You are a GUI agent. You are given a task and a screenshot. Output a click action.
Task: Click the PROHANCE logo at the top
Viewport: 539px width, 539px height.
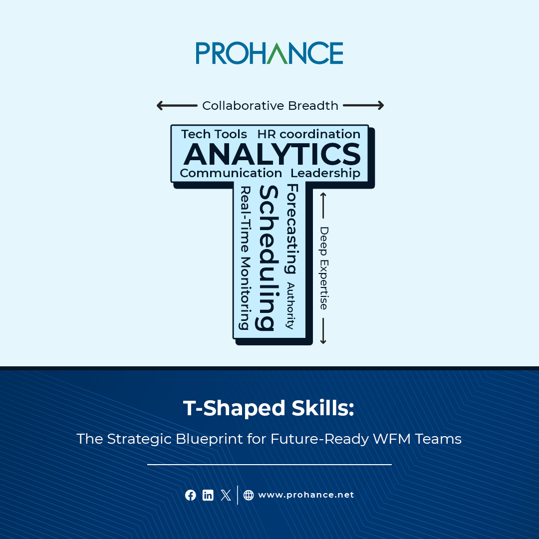(x=269, y=53)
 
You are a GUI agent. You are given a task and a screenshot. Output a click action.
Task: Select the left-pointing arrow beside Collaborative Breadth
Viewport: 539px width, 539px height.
(x=177, y=105)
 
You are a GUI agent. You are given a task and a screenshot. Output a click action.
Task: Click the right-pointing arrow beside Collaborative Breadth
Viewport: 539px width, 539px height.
(x=363, y=105)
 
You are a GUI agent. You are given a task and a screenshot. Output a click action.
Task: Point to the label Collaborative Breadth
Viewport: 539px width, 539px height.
(x=270, y=106)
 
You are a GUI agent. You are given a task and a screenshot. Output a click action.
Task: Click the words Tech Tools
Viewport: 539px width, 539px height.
(x=214, y=134)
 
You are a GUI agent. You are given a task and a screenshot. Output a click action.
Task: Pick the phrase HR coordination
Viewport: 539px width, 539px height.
(x=309, y=134)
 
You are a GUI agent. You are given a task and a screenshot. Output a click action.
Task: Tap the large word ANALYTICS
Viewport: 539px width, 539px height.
(x=272, y=154)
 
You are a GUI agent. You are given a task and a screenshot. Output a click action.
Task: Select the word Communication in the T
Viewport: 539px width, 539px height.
(x=231, y=173)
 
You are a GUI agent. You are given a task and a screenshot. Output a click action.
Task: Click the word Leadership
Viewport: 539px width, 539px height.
(x=325, y=173)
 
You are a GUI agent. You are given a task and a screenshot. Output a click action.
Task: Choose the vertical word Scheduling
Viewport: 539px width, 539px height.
(x=267, y=258)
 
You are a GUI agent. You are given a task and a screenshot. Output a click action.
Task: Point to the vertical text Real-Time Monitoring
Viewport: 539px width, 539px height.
(x=245, y=258)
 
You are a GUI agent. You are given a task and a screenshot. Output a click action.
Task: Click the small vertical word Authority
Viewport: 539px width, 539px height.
(x=290, y=305)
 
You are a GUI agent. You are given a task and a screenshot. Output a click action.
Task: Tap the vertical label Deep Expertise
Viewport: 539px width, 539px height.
(x=324, y=268)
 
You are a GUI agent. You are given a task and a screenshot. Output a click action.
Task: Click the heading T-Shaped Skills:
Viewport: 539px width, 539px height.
(x=269, y=408)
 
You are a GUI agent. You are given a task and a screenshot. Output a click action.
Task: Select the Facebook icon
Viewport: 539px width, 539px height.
(x=191, y=495)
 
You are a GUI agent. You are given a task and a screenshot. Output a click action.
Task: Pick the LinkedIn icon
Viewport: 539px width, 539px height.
(x=208, y=495)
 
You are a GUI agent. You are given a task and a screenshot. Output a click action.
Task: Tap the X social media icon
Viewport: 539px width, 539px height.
(x=226, y=495)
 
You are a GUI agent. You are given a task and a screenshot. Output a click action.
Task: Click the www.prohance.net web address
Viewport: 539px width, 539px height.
(x=305, y=495)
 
